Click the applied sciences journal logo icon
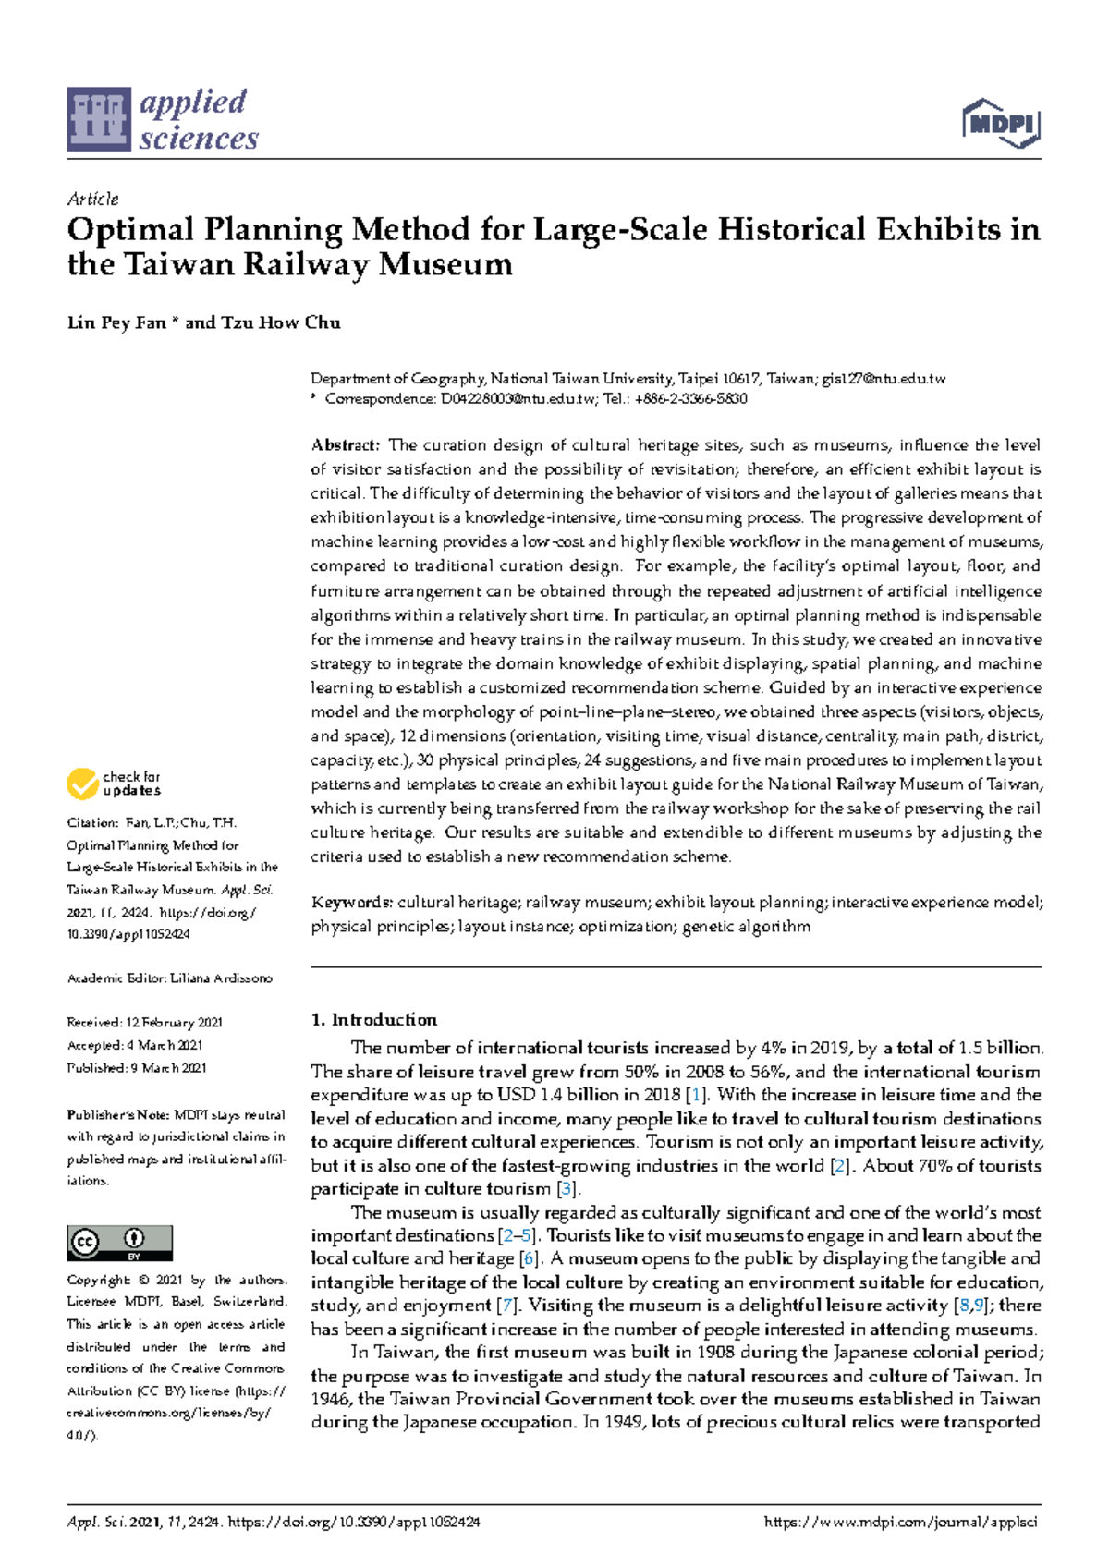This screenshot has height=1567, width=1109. coord(98,119)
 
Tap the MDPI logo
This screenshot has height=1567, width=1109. coord(1002,124)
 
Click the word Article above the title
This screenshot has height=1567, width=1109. coord(92,199)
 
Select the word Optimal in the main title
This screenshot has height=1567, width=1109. coord(130,230)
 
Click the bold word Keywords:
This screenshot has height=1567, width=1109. coord(352,903)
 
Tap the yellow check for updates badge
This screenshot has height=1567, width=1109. coord(114,783)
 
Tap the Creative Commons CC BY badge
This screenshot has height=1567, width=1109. coord(119,1243)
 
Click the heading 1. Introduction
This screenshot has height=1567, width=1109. coord(373,1020)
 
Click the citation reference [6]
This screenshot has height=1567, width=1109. coord(529,1258)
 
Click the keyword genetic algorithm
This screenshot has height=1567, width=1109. coord(746,927)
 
